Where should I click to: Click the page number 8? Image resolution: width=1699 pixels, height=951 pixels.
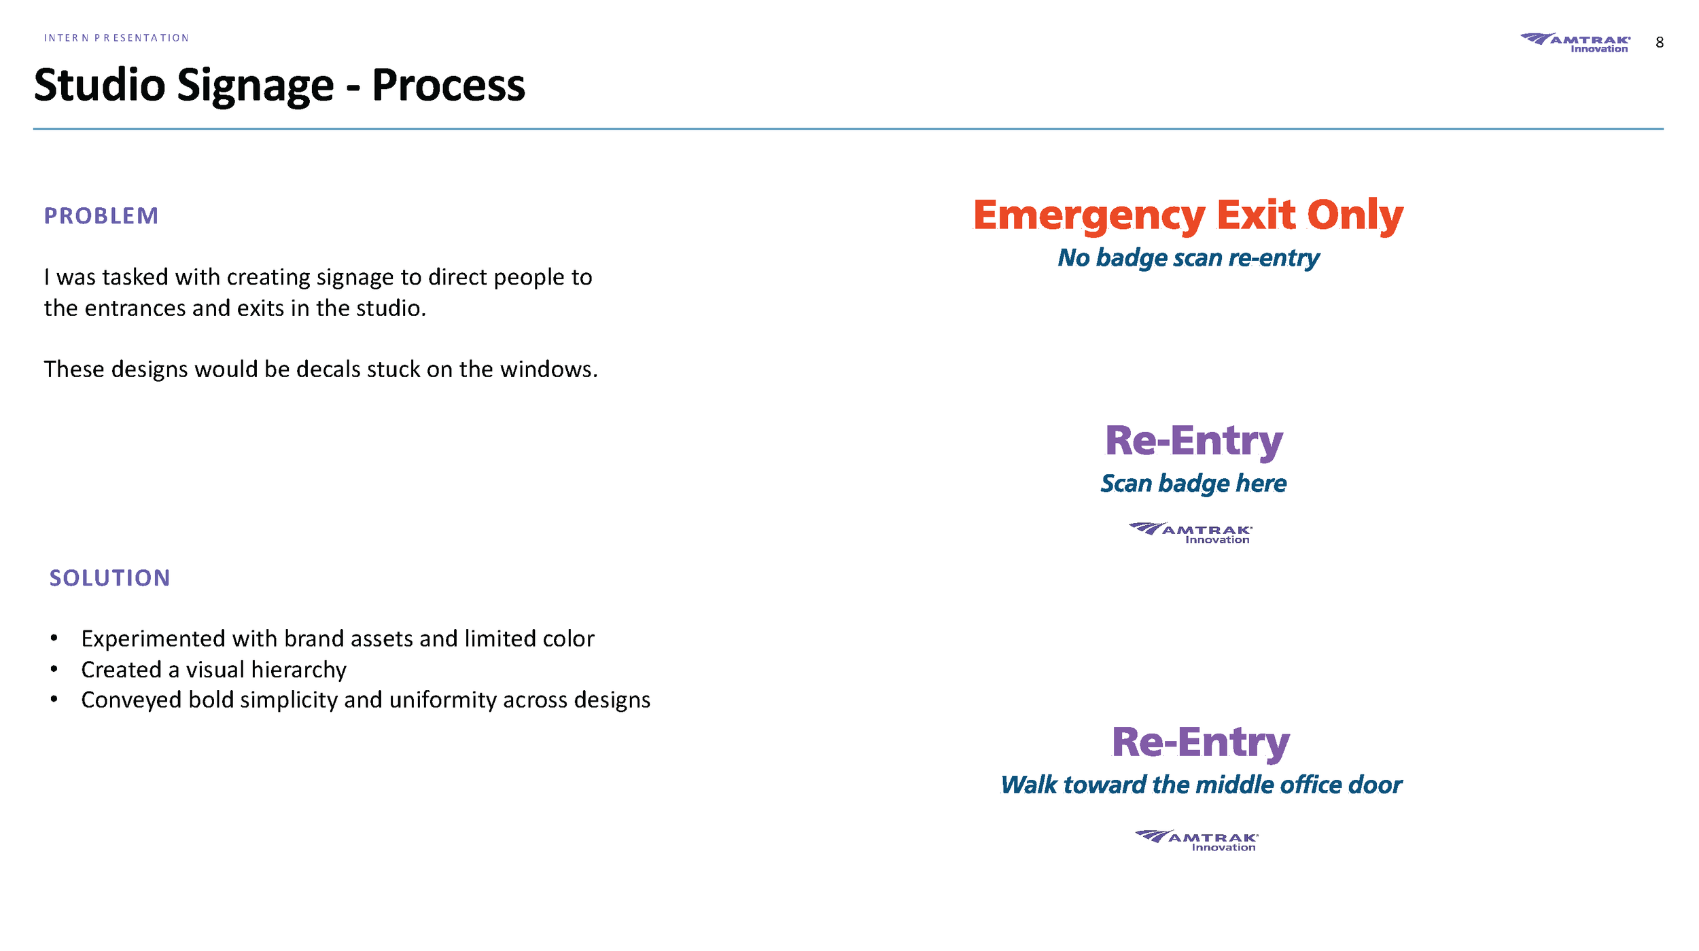1659,43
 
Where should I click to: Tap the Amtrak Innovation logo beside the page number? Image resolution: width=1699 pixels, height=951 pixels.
1575,43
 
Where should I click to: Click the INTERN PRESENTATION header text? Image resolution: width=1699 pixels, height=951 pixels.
116,38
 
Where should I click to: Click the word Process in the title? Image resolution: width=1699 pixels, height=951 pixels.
449,86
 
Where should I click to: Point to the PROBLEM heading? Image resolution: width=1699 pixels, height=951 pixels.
101,216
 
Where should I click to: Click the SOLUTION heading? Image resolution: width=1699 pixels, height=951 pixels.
109,578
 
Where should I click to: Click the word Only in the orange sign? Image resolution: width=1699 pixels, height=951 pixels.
1355,215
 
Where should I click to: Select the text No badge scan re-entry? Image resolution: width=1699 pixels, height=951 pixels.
1188,258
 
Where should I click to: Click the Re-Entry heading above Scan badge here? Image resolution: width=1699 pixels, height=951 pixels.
1193,441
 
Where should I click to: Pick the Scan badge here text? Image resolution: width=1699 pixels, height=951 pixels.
1193,484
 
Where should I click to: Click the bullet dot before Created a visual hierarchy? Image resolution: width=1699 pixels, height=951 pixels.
54,670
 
